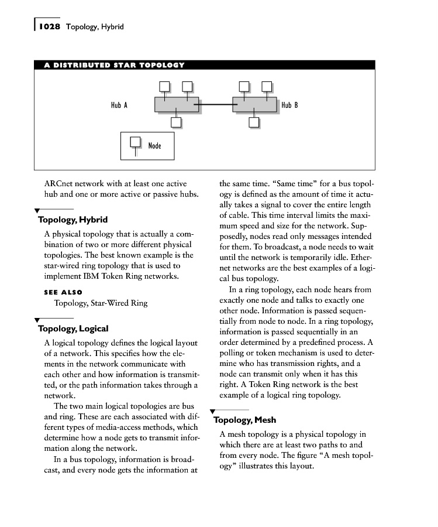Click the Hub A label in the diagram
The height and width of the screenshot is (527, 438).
(119, 105)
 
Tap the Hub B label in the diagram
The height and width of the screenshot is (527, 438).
(290, 105)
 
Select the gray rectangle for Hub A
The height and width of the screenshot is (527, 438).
(176, 104)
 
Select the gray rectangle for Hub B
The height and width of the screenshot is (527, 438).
(254, 104)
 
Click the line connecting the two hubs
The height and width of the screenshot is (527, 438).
(215, 105)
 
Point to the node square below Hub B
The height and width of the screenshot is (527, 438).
(254, 122)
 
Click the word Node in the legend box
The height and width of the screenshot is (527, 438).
(155, 146)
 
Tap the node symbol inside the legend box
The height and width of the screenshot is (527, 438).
(136, 142)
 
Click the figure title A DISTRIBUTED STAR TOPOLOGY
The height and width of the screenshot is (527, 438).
(115, 65)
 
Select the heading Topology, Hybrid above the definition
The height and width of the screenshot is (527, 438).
(73, 220)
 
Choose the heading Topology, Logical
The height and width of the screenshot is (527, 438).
(73, 328)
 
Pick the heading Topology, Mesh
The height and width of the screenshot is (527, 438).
(245, 420)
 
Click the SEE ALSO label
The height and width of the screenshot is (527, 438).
(63, 292)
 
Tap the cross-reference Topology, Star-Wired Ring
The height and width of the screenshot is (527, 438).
(101, 303)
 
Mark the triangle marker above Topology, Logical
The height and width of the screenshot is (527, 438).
(37, 320)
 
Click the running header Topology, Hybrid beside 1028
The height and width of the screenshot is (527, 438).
(95, 27)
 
